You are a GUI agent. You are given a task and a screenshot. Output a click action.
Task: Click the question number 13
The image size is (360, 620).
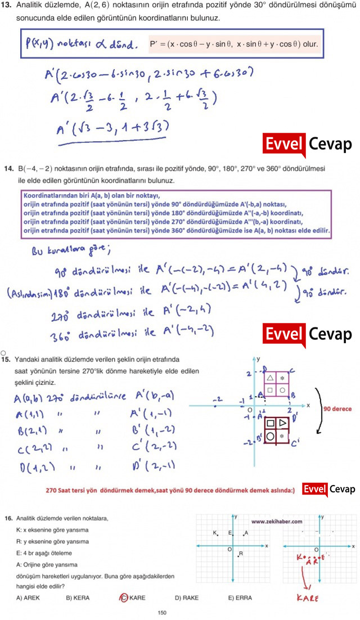(8, 6)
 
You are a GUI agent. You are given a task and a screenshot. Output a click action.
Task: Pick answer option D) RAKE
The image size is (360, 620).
(186, 597)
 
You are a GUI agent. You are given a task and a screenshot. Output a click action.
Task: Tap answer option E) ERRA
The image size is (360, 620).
(238, 597)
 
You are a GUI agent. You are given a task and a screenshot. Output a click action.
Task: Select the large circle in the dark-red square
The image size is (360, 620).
(271, 435)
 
